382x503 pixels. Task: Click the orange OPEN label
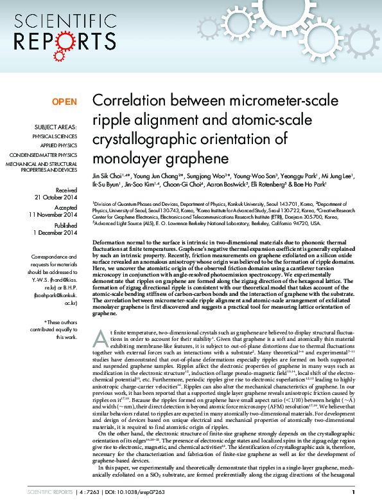tap(64, 102)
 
